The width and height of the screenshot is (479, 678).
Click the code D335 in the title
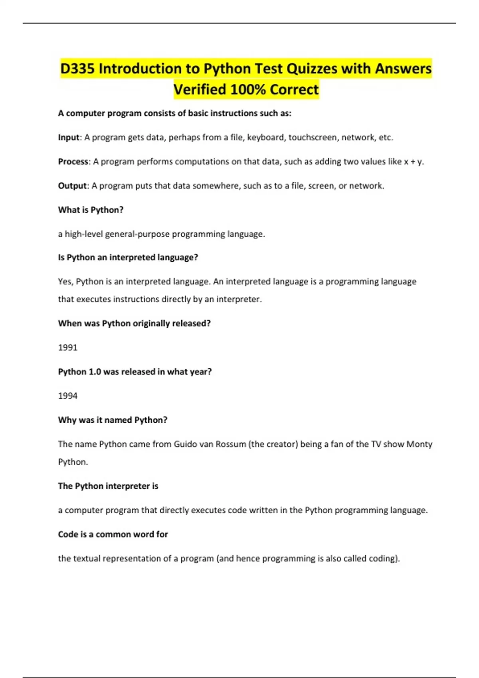(x=77, y=69)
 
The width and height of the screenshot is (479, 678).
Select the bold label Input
(x=69, y=138)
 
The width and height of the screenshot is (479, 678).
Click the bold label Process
(x=73, y=162)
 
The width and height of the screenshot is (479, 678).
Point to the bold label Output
(x=72, y=186)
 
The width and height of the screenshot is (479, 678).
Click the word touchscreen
(x=313, y=138)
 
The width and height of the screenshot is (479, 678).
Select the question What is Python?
(x=91, y=210)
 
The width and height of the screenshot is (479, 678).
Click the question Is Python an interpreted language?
(x=128, y=258)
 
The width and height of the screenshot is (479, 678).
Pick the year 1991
(x=68, y=347)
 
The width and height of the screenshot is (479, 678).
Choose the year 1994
(x=68, y=396)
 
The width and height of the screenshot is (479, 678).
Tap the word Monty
(x=419, y=444)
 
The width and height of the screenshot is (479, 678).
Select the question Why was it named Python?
(x=113, y=420)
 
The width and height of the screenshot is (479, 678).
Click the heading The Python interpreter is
(x=108, y=486)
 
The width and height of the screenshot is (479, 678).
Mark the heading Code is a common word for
(x=113, y=534)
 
